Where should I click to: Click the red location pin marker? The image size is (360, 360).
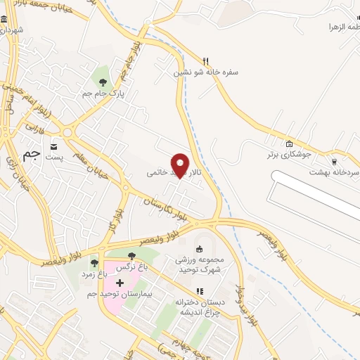point(180,165)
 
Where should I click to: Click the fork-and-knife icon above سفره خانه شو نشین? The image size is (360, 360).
point(205,60)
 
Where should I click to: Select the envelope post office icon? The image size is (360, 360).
point(54,146)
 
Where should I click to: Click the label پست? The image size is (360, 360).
point(55,157)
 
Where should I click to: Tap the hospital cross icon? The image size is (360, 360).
point(119,283)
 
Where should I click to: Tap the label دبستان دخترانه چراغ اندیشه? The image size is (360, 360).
point(199,307)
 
